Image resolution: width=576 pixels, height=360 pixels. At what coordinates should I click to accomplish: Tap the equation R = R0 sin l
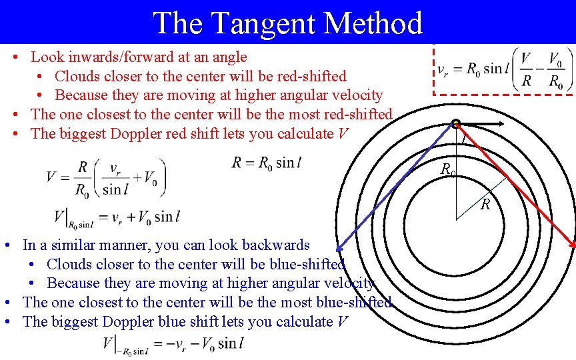pos(267,163)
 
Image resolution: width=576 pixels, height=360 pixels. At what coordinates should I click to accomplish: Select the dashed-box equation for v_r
pos(503,70)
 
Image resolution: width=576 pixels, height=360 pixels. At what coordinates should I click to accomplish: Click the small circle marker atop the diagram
pos(456,123)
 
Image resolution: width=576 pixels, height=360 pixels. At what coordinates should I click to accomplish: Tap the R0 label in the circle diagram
pos(448,170)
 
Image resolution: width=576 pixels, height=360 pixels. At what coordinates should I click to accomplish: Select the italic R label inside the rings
pos(485,204)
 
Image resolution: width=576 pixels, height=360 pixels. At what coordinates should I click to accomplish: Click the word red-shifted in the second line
pos(313,76)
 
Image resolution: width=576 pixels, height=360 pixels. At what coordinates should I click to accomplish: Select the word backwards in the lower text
pos(277,245)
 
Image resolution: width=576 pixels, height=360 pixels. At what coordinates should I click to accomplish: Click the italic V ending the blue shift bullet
pos(342,321)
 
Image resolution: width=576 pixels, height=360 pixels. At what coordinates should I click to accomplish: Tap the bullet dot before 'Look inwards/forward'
pos(15,58)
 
